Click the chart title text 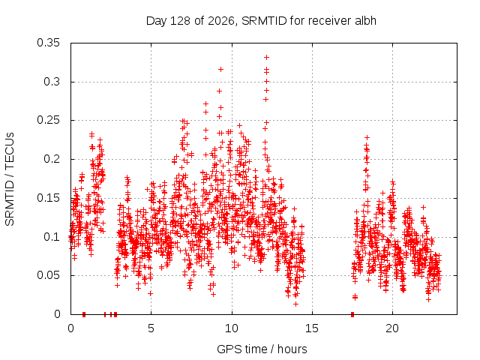point(261,21)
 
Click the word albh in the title point(365,21)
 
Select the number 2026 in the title point(221,21)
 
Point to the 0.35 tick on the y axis point(48,43)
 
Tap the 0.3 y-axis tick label point(52,82)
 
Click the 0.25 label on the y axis point(48,120)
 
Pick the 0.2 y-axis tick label point(52,159)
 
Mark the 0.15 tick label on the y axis point(48,198)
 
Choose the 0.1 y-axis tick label point(52,237)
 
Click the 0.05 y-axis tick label point(48,275)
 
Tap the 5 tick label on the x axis point(151,328)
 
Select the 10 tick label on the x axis point(232,328)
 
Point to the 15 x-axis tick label point(312,328)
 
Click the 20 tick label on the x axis point(392,328)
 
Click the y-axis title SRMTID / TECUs point(10,179)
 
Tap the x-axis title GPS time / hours point(262,349)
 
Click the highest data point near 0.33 point(267,57)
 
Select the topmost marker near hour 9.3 point(220,70)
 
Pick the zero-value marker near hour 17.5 point(352,314)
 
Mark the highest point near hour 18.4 point(367,138)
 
